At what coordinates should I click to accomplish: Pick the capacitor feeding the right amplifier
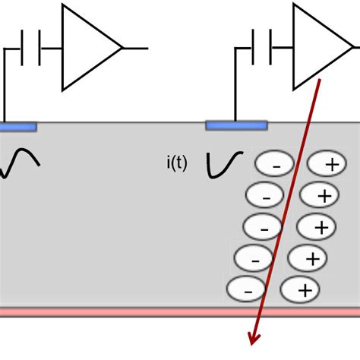click(x=262, y=48)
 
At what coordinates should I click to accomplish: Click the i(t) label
click(x=177, y=163)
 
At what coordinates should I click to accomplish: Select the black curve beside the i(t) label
click(x=224, y=164)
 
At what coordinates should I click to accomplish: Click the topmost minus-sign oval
click(x=273, y=164)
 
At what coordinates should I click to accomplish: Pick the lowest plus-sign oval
click(x=300, y=289)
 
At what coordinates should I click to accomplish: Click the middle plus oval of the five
click(x=314, y=226)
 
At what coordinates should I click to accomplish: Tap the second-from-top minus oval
click(x=266, y=196)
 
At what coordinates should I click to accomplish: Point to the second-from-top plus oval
click(x=319, y=196)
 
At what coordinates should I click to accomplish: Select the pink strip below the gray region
click(x=180, y=311)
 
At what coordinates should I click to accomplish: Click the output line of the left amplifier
click(x=135, y=48)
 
